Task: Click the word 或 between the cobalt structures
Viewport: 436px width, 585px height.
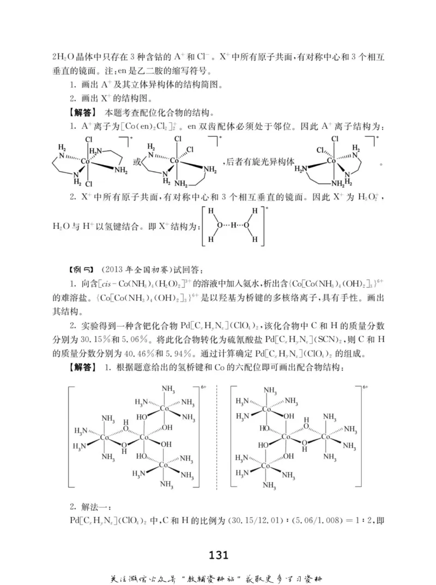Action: [137, 162]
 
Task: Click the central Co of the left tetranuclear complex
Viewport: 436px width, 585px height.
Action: [144, 438]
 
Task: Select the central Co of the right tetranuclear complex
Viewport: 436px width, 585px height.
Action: [286, 437]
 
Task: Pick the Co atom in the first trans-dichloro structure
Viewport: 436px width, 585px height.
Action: [85, 161]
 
